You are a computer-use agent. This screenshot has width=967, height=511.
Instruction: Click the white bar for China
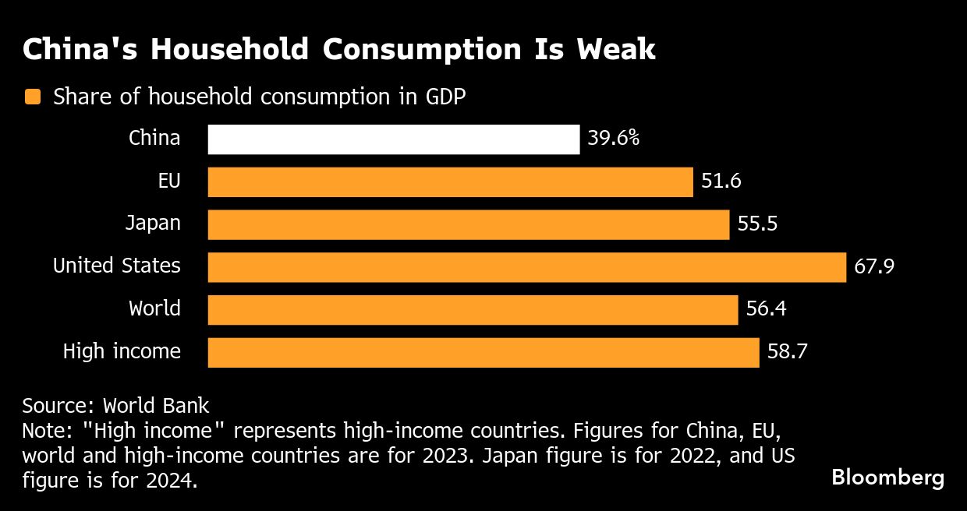pyautogui.click(x=394, y=139)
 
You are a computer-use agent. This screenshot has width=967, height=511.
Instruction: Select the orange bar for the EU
pyautogui.click(x=450, y=182)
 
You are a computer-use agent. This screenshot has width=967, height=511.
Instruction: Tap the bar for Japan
pyautogui.click(x=468, y=224)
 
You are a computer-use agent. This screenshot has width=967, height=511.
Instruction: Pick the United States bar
pyautogui.click(x=526, y=266)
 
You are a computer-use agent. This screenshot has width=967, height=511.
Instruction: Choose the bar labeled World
pyautogui.click(x=473, y=309)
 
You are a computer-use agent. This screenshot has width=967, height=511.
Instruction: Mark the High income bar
pyautogui.click(x=483, y=352)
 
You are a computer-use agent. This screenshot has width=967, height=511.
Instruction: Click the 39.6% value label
pyautogui.click(x=614, y=139)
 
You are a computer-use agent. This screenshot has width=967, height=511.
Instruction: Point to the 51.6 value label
pyautogui.click(x=721, y=181)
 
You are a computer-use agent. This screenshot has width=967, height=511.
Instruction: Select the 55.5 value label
pyautogui.click(x=757, y=224)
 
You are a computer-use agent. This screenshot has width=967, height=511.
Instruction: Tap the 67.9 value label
pyautogui.click(x=873, y=266)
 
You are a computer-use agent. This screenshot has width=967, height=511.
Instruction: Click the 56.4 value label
pyautogui.click(x=766, y=309)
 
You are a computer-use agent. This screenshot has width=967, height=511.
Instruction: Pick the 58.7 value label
pyautogui.click(x=787, y=352)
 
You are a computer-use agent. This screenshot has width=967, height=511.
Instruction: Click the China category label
pyautogui.click(x=154, y=139)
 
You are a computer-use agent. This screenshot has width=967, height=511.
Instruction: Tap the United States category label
pyautogui.click(x=117, y=266)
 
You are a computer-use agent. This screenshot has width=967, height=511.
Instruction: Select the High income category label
pyautogui.click(x=122, y=352)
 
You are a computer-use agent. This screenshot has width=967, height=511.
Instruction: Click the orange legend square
pyautogui.click(x=32, y=97)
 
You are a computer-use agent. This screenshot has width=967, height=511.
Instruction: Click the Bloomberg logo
pyautogui.click(x=887, y=478)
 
